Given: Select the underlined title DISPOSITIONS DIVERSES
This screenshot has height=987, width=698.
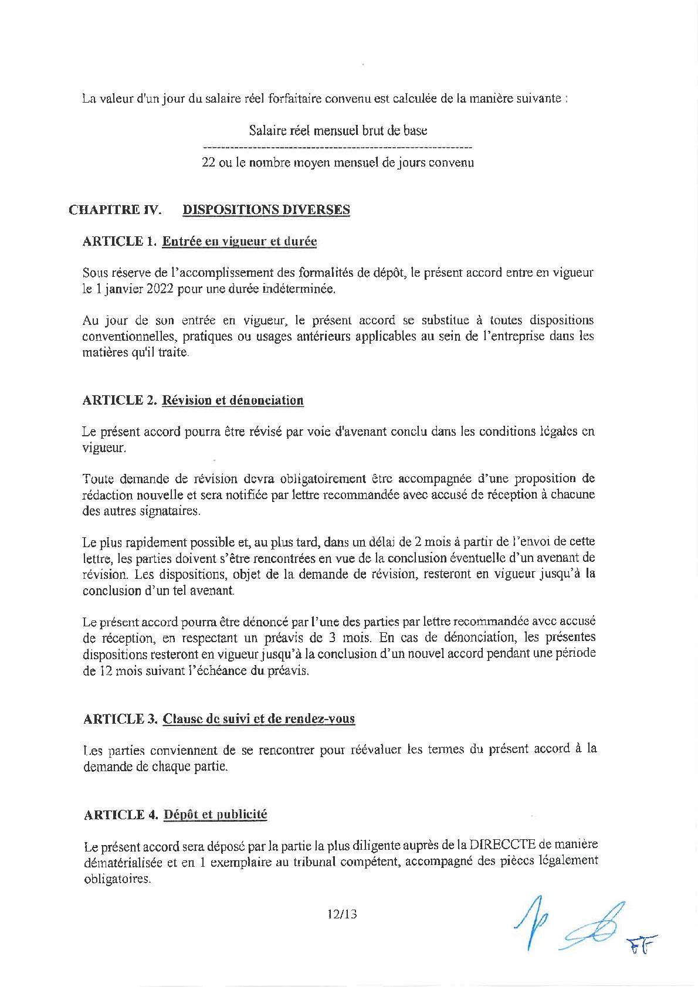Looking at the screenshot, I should (266, 209).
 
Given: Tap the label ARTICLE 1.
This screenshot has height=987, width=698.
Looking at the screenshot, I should (120, 241).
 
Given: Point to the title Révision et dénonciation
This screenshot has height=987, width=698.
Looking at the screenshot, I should (233, 401).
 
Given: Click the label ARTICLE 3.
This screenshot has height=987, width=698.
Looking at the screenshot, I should (120, 718).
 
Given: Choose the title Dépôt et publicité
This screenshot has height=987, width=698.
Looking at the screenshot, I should (215, 815).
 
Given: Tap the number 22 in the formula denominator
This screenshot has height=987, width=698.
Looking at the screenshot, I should (208, 162).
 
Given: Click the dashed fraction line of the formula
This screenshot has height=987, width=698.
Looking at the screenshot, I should (337, 146).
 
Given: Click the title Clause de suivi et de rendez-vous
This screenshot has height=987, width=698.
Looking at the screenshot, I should (259, 718).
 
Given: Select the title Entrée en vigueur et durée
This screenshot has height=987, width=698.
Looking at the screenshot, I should (239, 241).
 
